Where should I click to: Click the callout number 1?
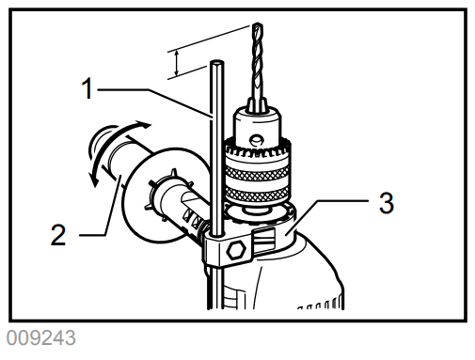click(x=87, y=89)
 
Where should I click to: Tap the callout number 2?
click(x=58, y=234)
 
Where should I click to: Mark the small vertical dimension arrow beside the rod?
click(x=175, y=62)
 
